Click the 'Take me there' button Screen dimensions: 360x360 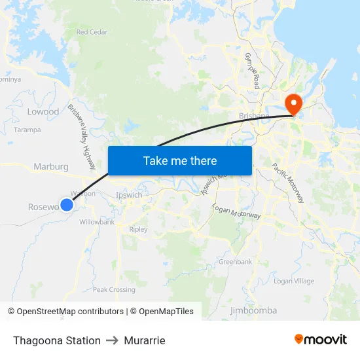(180, 160)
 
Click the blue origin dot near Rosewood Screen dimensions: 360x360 (66, 204)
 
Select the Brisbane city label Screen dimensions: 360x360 (254, 117)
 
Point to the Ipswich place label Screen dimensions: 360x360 (128, 195)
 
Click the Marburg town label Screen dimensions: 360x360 (51, 166)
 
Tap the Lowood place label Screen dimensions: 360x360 (43, 112)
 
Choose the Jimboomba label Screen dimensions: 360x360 (253, 310)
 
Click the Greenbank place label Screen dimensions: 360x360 (235, 262)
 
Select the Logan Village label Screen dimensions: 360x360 (294, 281)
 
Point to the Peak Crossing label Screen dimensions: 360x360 (114, 289)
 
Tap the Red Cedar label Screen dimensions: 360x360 (92, 31)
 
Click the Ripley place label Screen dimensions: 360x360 (139, 230)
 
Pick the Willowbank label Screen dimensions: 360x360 (97, 222)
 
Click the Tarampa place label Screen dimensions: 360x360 (27, 130)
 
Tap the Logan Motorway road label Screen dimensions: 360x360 (236, 211)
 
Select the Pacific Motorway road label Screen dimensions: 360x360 (288, 183)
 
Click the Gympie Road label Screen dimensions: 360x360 (252, 71)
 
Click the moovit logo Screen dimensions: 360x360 (321, 340)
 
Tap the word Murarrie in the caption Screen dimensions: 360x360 (145, 340)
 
